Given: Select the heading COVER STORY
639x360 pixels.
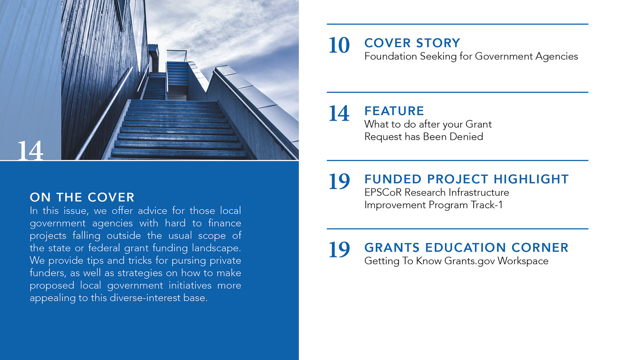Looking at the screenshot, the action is coord(412,43).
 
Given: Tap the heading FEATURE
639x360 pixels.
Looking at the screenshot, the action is coord(394,111).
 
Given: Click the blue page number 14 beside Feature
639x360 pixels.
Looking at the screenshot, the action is coord(339,113).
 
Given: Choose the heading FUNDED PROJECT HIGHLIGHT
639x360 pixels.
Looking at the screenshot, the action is coord(466,179).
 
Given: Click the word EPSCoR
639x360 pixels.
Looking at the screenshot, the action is coord(383,192).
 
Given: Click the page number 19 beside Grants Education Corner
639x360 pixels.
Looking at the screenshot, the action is coord(339,250).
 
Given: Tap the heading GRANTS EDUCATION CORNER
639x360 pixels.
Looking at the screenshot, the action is coord(466,248).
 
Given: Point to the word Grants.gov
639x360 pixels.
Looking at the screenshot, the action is coord(470,261).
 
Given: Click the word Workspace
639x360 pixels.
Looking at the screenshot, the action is coord(523,261).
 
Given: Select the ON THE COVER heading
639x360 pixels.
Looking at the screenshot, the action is coord(82,197).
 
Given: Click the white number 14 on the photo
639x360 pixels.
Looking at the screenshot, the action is coord(30,151).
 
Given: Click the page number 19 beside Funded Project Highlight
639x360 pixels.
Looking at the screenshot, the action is coord(339,181).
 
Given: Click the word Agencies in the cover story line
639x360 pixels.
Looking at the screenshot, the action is coord(557,56).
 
